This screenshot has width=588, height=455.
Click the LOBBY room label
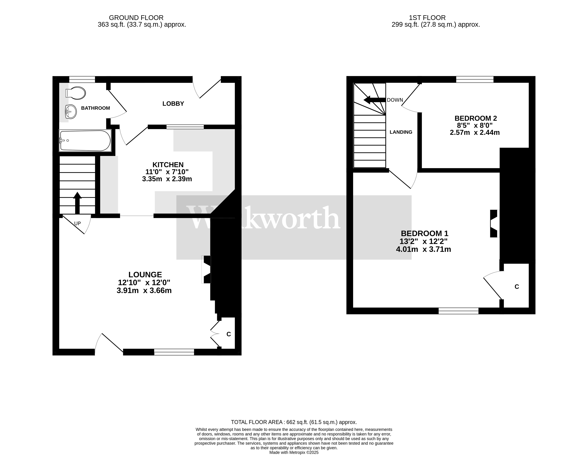coord(173,104)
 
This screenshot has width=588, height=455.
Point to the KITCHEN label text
coord(168,165)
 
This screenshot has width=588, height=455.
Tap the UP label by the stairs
coord(77,223)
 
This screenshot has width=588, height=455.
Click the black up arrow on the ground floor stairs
coord(77,202)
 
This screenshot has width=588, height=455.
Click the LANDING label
coord(401,132)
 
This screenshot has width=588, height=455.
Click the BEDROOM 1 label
coord(424,233)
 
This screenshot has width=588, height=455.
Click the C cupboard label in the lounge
coord(229,334)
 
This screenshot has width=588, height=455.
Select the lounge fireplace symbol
coord(207,269)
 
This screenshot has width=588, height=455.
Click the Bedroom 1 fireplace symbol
coord(494,223)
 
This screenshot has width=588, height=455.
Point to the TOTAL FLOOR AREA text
coord(294,422)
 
